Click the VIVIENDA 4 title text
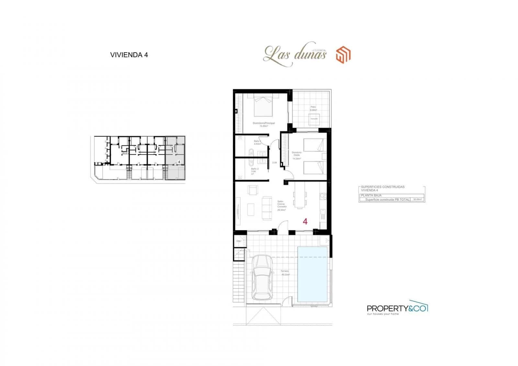[129, 55]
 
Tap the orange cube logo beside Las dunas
[343, 55]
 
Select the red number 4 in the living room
[305, 222]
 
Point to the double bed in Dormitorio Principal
[263, 105]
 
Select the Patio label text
[313, 107]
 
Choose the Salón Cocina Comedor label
[281, 205]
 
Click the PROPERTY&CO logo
[397, 308]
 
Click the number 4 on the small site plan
[179, 161]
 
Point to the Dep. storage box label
[239, 241]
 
